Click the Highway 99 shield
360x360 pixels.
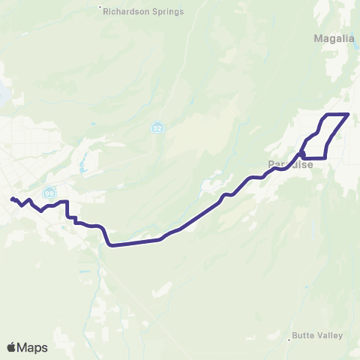[x=49, y=193]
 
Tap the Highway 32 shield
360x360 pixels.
[x=156, y=127]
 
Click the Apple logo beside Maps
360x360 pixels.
[x=12, y=347]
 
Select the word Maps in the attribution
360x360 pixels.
[x=32, y=347]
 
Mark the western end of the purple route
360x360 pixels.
[x=11, y=199]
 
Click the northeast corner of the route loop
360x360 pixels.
[x=349, y=114]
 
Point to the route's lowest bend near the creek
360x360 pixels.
[x=111, y=244]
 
